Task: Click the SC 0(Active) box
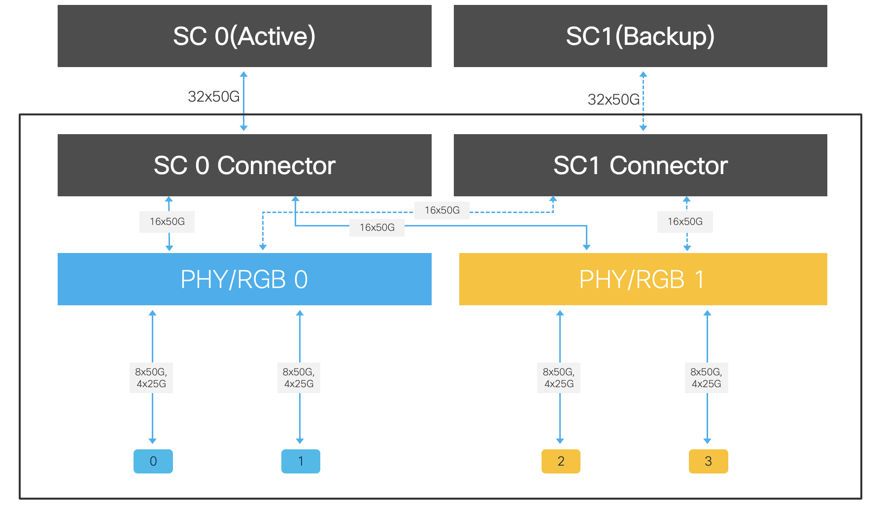pos(244,36)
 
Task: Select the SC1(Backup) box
pos(640,36)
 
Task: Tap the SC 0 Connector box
pos(244,165)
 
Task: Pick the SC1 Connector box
pos(640,165)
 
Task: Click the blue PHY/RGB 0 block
pos(244,279)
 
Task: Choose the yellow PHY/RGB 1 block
pos(643,279)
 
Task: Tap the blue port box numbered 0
pos(153,461)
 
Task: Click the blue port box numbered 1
pos(301,461)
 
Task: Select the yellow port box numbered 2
pos(561,461)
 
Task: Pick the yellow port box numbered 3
pos(708,461)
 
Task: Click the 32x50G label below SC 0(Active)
pos(213,97)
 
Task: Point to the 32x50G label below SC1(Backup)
pos(613,100)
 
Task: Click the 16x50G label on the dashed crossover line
pos(442,210)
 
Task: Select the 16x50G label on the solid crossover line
pos(377,227)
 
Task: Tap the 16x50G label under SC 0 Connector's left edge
pos(167,221)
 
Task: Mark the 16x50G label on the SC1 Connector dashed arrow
pos(685,221)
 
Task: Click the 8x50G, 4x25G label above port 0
pos(151,378)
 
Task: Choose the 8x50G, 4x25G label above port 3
pos(706,378)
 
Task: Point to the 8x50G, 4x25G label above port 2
pos(559,378)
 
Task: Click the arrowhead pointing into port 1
pos(300,440)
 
